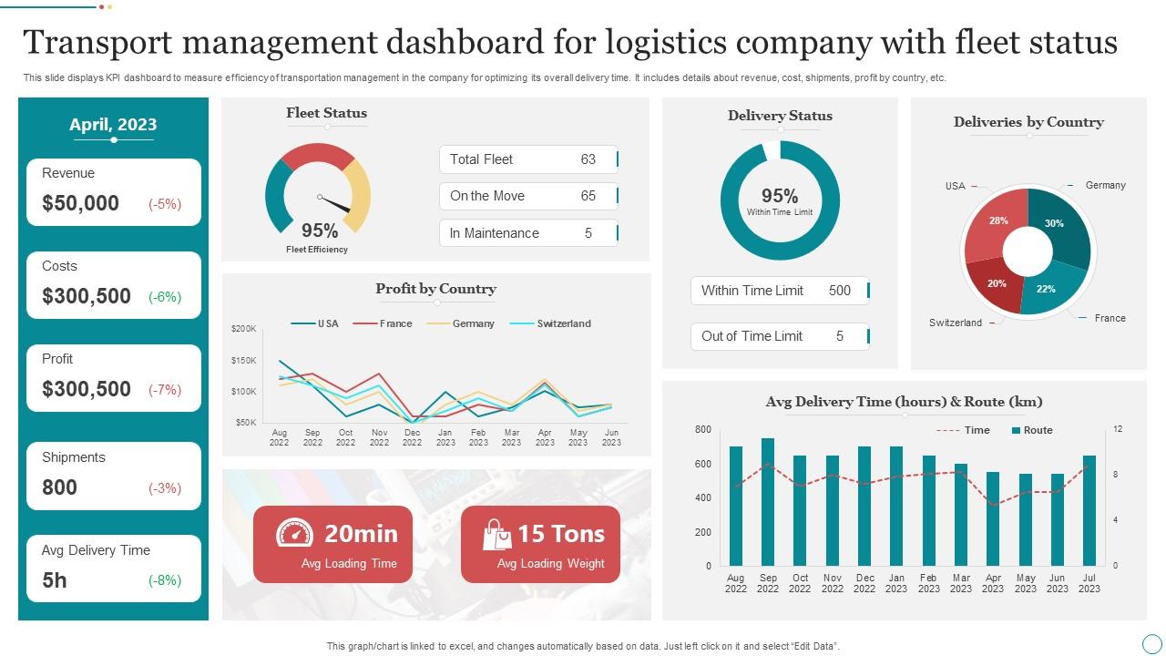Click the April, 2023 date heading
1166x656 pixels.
coord(113,125)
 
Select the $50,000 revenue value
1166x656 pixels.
coord(80,203)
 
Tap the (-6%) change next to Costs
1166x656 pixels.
coord(165,296)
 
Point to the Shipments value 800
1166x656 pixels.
coord(59,487)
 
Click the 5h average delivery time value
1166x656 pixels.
coord(55,580)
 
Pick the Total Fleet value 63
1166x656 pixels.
coord(588,159)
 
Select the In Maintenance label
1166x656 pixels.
coord(494,233)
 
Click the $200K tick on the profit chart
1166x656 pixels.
coord(244,329)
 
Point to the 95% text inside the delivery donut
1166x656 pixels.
coord(780,196)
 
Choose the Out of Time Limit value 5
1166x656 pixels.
coord(839,336)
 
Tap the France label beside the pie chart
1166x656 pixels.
coord(1110,318)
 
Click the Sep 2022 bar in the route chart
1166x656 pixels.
coord(768,502)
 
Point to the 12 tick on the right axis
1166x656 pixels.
coord(1118,429)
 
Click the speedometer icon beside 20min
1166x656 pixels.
coord(294,533)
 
